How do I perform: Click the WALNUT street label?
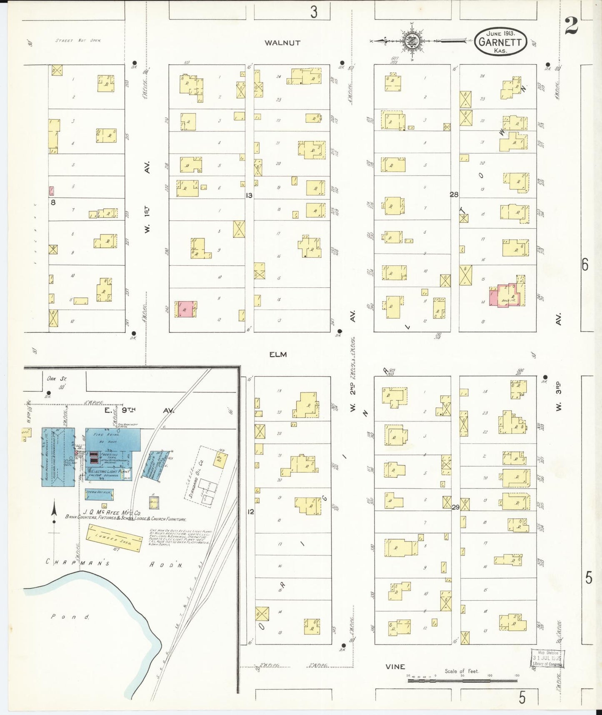(x=282, y=43)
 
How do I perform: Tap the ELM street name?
(x=278, y=354)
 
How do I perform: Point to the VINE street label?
(x=395, y=667)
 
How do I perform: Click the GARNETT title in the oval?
(x=502, y=42)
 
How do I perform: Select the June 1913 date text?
(x=501, y=33)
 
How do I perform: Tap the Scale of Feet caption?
(x=462, y=671)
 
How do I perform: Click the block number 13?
(x=249, y=195)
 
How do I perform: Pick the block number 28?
(x=454, y=194)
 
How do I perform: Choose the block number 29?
(x=455, y=507)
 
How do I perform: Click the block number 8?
(x=53, y=202)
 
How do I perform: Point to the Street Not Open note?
(x=78, y=40)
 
